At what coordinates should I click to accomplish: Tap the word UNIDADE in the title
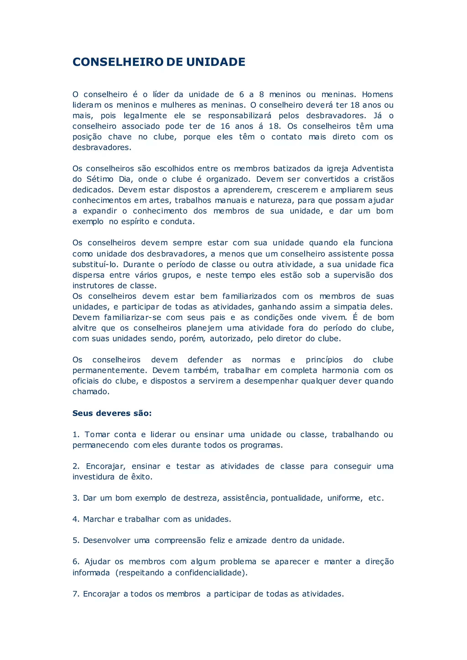(x=216, y=62)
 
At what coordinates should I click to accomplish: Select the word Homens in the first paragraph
(x=377, y=95)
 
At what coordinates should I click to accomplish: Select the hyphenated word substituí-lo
(x=95, y=264)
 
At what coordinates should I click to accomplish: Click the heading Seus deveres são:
(x=112, y=413)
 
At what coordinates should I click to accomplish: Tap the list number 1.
(x=76, y=434)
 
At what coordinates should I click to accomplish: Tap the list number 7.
(x=76, y=594)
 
